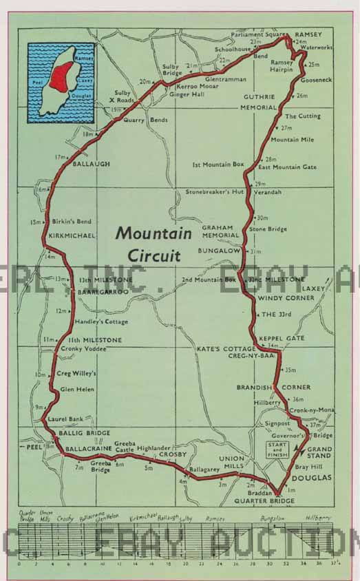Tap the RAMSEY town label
pyautogui.click(x=308, y=34)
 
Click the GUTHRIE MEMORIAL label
pyautogui.click(x=259, y=102)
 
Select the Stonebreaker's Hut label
pyautogui.click(x=215, y=192)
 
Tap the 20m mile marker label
pyautogui.click(x=145, y=82)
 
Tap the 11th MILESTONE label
pyautogui.click(x=96, y=340)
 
